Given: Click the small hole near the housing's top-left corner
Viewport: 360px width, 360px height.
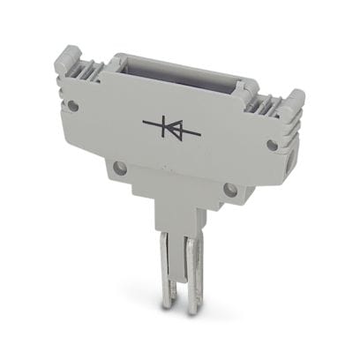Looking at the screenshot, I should click(x=74, y=105).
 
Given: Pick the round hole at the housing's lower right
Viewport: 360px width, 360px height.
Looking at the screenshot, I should click(x=229, y=188).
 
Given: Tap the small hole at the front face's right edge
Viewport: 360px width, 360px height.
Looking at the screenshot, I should click(x=274, y=144).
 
